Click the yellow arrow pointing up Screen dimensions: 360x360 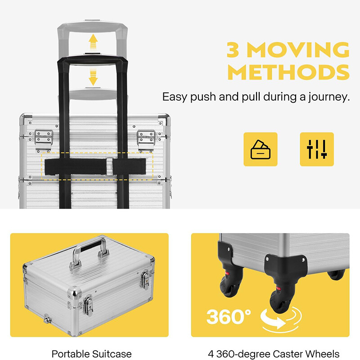pos(93,41)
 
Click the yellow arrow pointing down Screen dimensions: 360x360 pos(93,77)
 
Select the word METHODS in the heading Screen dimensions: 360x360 pos(288,72)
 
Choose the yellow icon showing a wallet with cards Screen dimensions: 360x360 pos(261,149)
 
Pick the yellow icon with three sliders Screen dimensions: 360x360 pos(317,149)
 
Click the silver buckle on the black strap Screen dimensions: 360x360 pos(110,166)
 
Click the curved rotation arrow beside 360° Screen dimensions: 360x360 pos(280,319)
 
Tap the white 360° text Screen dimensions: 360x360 pos(229,317)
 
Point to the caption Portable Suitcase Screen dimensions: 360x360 pos(92,354)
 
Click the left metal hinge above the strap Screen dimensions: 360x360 pos(44,139)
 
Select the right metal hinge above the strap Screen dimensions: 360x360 pos(146,139)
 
